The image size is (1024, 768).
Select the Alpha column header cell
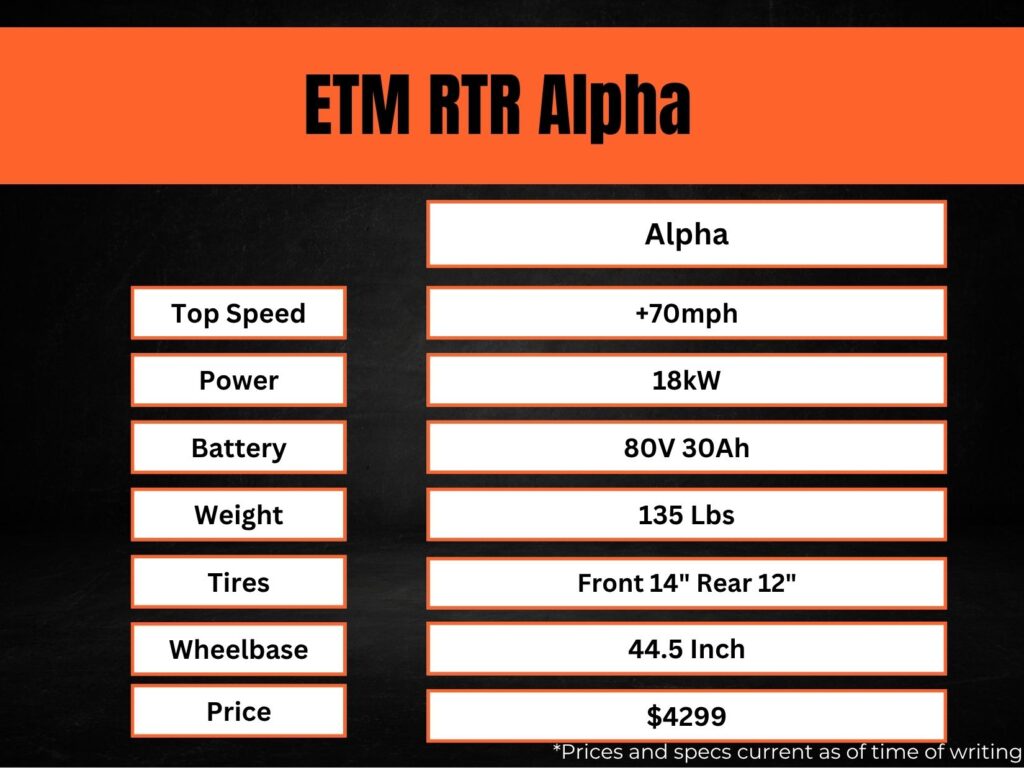pos(686,234)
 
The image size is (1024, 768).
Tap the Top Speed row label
pos(238,313)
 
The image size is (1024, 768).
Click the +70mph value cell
pos(686,313)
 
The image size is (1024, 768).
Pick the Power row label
pos(238,380)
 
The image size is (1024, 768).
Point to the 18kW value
pos(686,380)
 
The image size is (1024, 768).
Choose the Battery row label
pos(238,447)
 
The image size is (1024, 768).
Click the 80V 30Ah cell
pos(686,447)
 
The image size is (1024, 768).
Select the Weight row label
pos(238,515)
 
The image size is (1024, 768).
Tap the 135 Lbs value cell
pos(686,515)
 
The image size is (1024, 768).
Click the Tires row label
pos(238,582)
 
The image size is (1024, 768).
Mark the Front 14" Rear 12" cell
pos(686,582)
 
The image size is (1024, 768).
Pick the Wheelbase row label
pos(238,649)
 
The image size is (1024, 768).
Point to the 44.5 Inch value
pos(686,649)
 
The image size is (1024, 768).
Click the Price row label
pos(238,711)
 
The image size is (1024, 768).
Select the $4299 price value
pos(686,716)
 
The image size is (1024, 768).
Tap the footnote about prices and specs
pos(786,751)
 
